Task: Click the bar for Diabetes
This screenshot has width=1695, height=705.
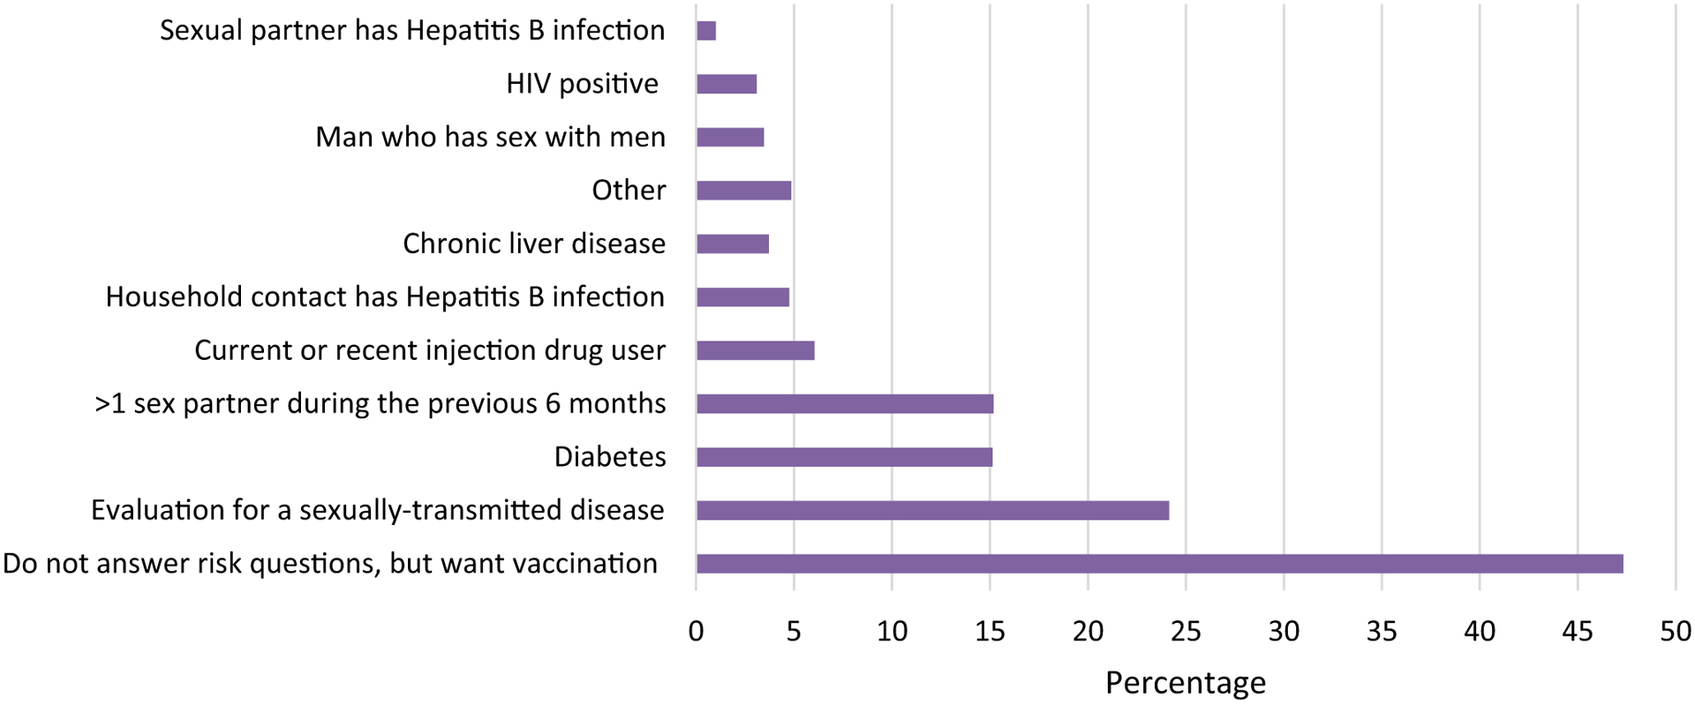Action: [x=844, y=457]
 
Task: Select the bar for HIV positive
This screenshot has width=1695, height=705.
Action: [x=727, y=85]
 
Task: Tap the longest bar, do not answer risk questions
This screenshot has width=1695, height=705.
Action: [x=1159, y=564]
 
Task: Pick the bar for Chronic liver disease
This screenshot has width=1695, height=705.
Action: [x=733, y=244]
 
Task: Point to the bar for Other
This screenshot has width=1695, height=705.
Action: [x=743, y=191]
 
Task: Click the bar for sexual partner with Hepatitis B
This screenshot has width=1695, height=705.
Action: [x=706, y=31]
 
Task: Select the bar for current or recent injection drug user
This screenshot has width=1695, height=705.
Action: [x=755, y=351]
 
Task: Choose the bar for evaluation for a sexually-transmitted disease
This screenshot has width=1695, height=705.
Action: [x=932, y=511]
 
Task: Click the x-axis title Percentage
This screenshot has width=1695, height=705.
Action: [x=1185, y=683]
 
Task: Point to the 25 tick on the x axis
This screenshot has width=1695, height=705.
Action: [x=1186, y=632]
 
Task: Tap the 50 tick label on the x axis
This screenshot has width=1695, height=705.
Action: [x=1675, y=632]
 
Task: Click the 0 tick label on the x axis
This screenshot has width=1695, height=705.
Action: [x=697, y=632]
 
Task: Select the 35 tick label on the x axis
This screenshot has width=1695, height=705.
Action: [x=1382, y=632]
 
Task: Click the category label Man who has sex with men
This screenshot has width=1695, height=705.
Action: [x=490, y=138]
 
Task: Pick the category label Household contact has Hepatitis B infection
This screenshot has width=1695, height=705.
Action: [x=385, y=297]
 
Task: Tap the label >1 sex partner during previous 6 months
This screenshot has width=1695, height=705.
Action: [x=380, y=404]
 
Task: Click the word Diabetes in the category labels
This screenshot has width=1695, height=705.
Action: [x=610, y=457]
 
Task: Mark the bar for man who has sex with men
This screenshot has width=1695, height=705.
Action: [x=730, y=138]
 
